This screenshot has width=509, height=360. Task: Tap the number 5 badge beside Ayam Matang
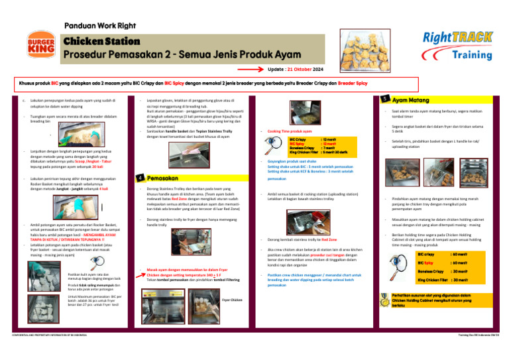pos(385,99)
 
